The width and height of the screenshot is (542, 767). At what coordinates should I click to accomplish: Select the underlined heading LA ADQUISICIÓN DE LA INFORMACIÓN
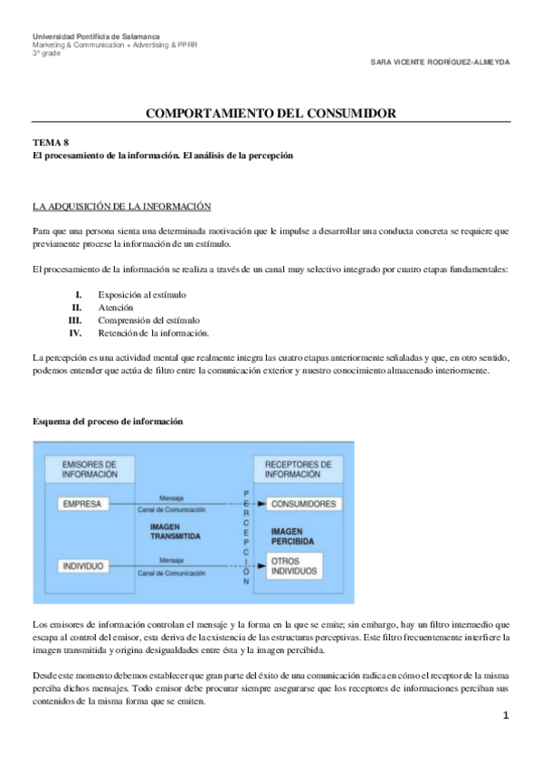pyautogui.click(x=121, y=206)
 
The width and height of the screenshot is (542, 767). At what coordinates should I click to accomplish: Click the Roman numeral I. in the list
pyautogui.click(x=79, y=295)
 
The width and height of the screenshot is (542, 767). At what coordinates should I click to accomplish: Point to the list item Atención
pyautogui.click(x=116, y=308)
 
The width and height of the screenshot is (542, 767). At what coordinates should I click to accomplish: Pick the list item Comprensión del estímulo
pyautogui.click(x=148, y=320)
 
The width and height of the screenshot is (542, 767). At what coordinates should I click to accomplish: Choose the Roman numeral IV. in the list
pyautogui.click(x=76, y=333)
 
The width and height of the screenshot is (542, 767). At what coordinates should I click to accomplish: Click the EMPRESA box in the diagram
pyautogui.click(x=83, y=504)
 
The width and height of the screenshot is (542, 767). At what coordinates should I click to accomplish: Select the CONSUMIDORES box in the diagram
pyautogui.click(x=304, y=504)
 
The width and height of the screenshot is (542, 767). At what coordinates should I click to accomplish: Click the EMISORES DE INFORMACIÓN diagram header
pyautogui.click(x=89, y=469)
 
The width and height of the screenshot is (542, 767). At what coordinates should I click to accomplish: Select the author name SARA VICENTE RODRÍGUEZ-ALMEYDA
pyautogui.click(x=441, y=62)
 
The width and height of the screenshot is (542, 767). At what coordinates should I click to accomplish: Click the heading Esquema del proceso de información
pyautogui.click(x=108, y=421)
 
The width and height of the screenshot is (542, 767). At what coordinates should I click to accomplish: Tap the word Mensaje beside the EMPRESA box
pyautogui.click(x=172, y=498)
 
